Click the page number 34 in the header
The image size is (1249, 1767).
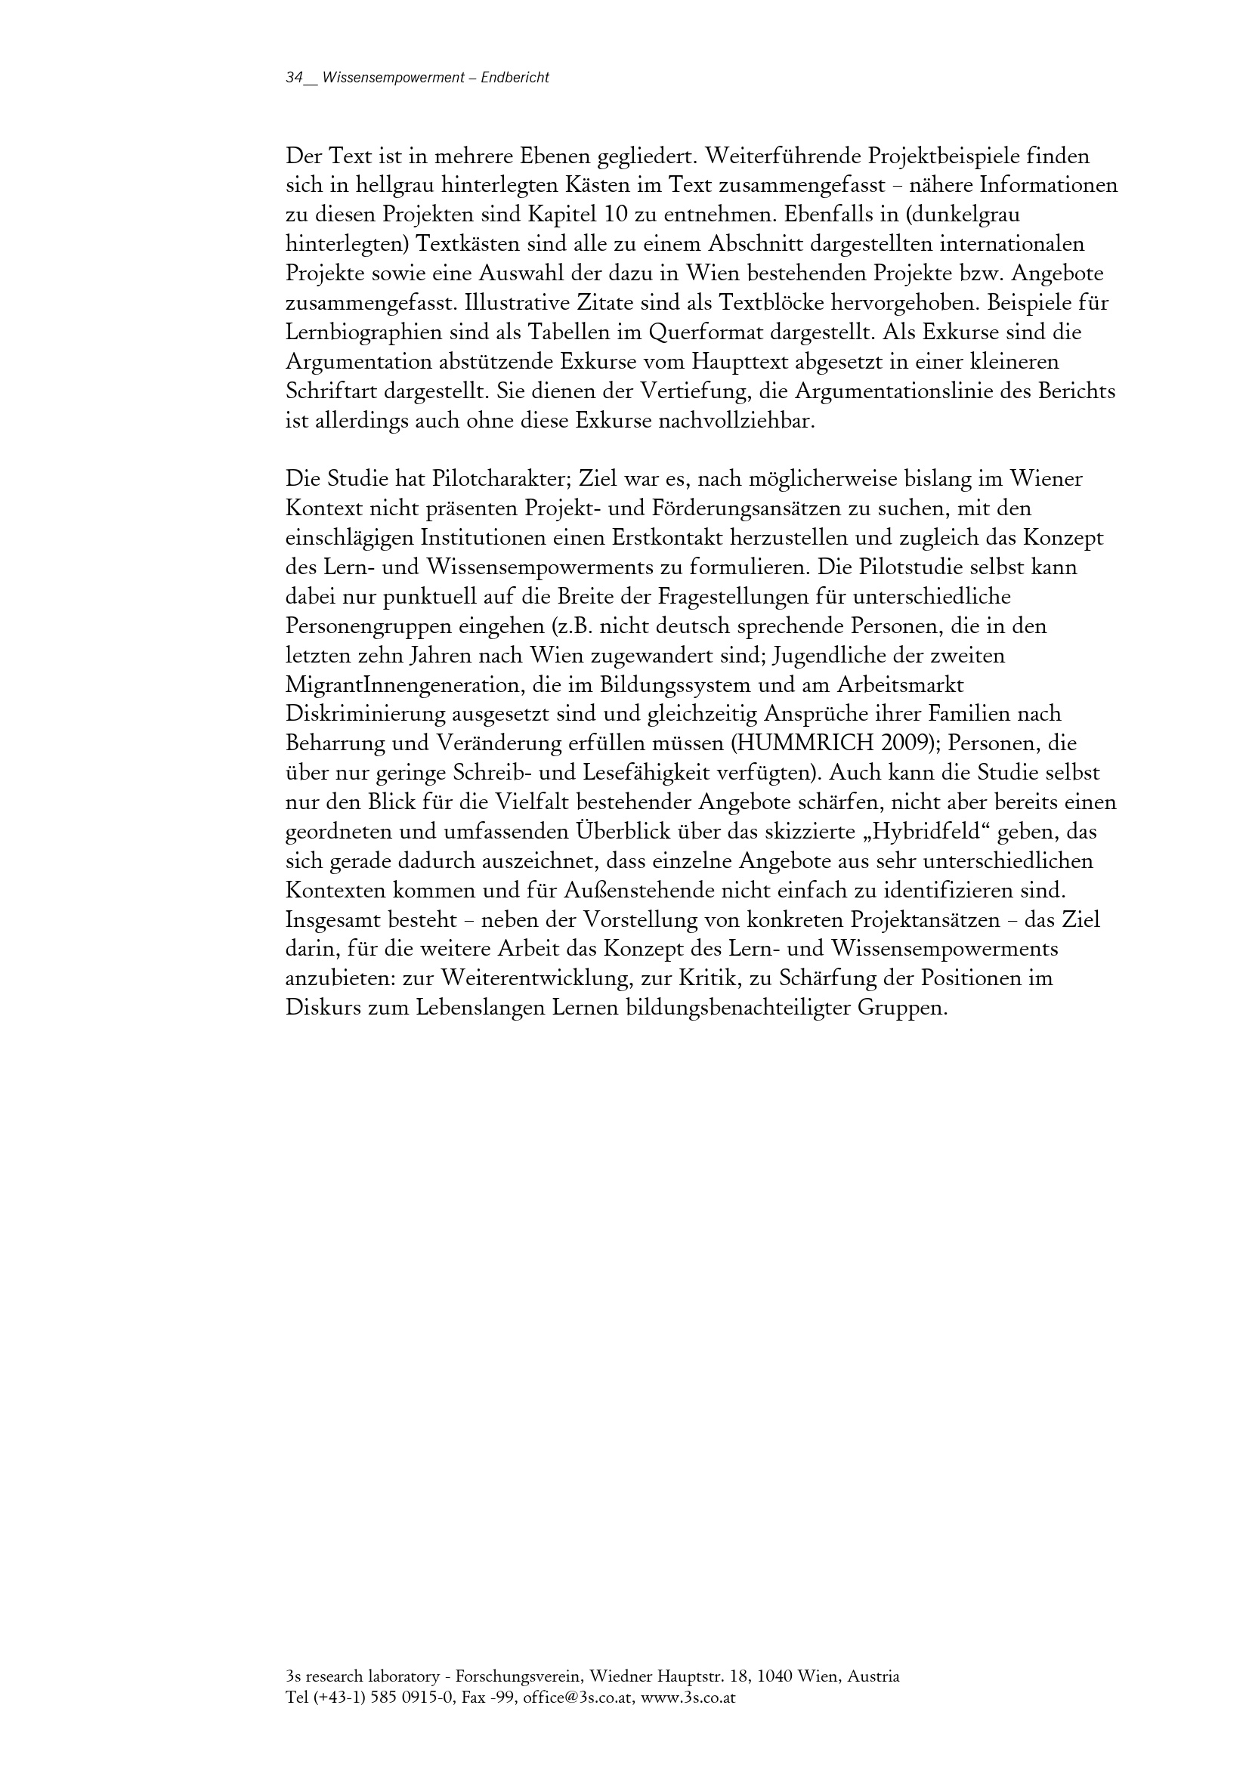tap(294, 79)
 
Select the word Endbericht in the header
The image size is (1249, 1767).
tap(514, 79)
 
